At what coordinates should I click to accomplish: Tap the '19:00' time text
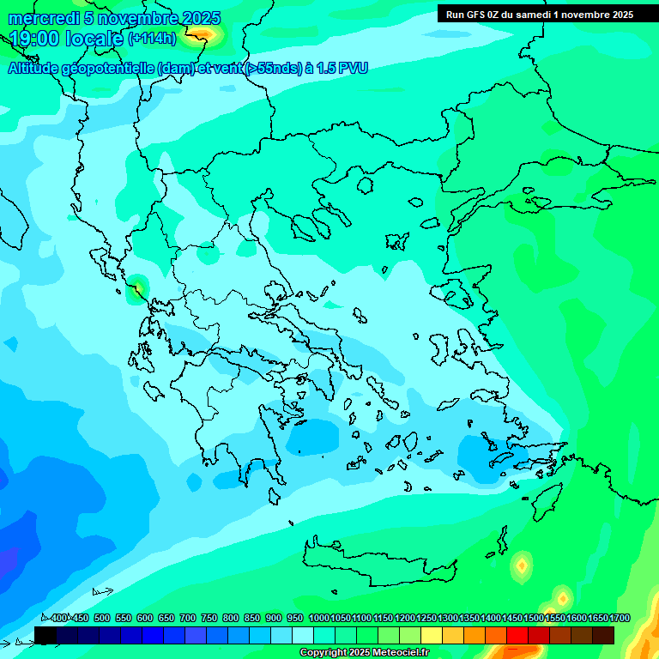click(33, 39)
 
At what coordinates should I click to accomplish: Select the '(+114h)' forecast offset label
click(152, 39)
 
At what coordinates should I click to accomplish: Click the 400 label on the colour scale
click(58, 618)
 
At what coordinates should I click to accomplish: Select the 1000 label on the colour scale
click(319, 618)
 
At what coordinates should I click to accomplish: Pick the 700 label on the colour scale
click(187, 618)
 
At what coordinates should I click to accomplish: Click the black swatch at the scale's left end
click(45, 635)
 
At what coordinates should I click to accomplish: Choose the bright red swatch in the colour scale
click(517, 635)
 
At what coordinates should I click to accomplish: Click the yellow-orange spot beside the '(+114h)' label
click(203, 33)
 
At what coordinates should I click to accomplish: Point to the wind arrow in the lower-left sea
click(103, 591)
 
